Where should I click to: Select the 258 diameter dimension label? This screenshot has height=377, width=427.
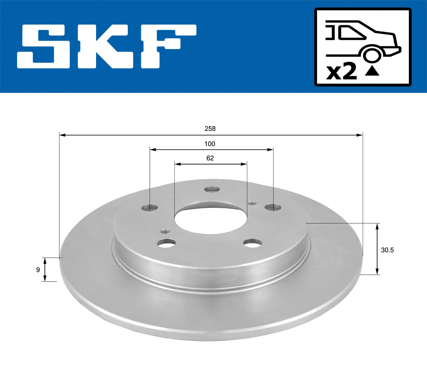pyautogui.click(x=210, y=129)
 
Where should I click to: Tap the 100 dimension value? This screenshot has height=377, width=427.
pyautogui.click(x=210, y=144)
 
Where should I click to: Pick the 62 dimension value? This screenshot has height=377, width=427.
pyautogui.click(x=210, y=158)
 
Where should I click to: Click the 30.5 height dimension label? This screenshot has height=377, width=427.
pyautogui.click(x=387, y=250)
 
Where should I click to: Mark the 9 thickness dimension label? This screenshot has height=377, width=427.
pyautogui.click(x=38, y=270)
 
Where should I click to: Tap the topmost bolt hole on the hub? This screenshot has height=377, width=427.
pyautogui.click(x=213, y=189)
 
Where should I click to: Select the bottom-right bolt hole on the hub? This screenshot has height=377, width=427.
pyautogui.click(x=253, y=243)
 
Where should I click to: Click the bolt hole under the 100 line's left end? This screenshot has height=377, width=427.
pyautogui.click(x=149, y=207)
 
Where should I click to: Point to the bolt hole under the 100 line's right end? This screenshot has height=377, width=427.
pyautogui.click(x=273, y=207)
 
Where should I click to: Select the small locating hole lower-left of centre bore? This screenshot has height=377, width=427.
pyautogui.click(x=164, y=231)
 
